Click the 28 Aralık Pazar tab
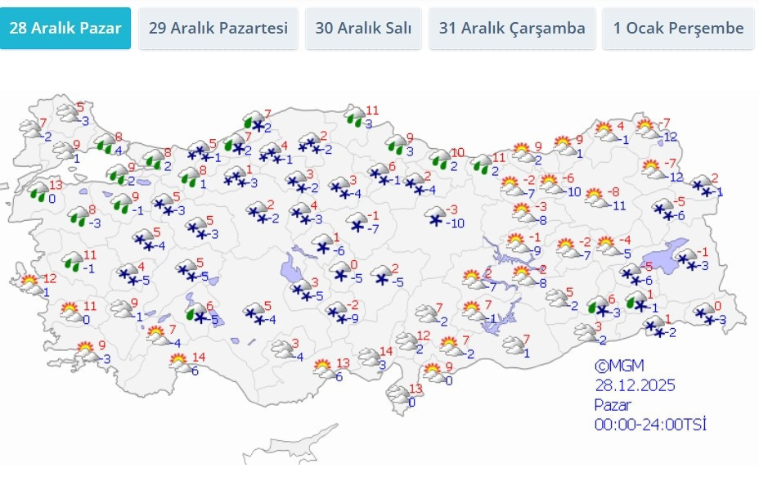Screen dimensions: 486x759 click(65, 29)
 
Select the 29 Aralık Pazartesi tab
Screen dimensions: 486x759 click(218, 29)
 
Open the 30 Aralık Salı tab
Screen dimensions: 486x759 click(362, 29)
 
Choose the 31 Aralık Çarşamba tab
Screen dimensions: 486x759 click(512, 29)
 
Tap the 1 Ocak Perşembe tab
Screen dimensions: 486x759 click(678, 29)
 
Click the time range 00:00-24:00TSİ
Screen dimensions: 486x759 click(650, 424)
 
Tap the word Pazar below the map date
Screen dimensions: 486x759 click(613, 404)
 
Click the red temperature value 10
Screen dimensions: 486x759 click(457, 152)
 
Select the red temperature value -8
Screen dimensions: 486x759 click(613, 192)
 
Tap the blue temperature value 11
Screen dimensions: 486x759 click(619, 205)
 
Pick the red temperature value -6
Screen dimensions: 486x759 click(568, 178)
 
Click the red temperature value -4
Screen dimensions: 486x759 click(625, 241)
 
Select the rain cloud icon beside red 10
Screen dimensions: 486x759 click(440, 159)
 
